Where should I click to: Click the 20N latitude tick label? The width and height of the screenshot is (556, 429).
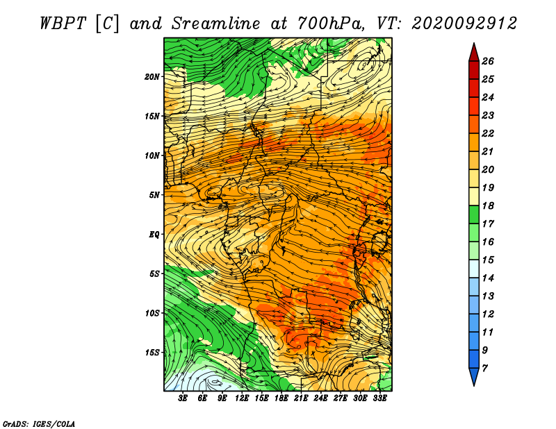click(152, 77)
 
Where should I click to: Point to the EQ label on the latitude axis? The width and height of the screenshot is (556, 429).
click(154, 235)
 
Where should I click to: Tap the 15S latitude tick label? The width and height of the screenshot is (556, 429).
click(152, 353)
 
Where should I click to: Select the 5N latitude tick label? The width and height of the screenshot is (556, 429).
click(154, 195)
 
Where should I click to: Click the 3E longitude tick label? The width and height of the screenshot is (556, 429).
click(183, 398)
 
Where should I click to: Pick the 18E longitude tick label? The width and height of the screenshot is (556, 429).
click(281, 398)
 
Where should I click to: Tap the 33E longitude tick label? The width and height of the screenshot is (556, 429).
click(379, 398)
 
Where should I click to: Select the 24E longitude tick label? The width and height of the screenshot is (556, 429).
click(320, 398)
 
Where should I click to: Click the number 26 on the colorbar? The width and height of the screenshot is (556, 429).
click(488, 61)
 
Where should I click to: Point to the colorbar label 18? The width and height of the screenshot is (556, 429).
click(488, 205)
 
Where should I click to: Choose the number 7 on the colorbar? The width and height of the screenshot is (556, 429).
click(484, 369)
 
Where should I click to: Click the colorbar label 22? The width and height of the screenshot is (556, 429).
click(488, 133)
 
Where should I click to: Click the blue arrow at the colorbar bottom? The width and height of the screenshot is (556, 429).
click(474, 376)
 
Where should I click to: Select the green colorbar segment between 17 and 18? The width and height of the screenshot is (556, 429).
click(474, 214)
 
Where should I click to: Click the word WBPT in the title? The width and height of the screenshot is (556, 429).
click(63, 24)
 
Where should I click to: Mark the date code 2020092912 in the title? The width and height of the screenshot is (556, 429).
click(464, 24)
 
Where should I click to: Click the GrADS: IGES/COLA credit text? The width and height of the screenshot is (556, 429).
click(39, 423)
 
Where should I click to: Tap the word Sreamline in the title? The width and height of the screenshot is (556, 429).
click(216, 24)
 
